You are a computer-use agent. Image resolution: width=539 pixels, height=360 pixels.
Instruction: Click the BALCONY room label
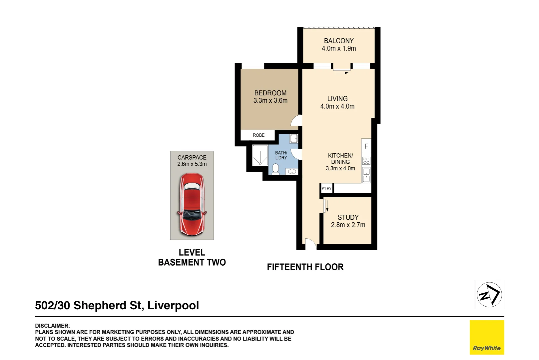(x=338, y=41)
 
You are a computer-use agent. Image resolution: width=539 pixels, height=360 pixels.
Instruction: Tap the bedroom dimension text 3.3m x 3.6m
(x=270, y=101)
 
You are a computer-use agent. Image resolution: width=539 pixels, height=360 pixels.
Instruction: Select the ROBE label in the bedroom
(x=259, y=135)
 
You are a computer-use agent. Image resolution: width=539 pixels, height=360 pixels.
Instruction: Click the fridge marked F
(x=366, y=146)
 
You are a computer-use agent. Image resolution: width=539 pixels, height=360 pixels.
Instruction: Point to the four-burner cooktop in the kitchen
(x=366, y=161)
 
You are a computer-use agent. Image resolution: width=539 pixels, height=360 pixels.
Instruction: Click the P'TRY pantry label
(x=326, y=188)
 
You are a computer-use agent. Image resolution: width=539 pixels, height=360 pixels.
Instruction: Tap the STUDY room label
(x=348, y=217)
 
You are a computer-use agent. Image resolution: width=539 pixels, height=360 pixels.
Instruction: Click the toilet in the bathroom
(x=275, y=168)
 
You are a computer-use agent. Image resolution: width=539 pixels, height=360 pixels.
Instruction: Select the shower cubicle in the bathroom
(x=260, y=155)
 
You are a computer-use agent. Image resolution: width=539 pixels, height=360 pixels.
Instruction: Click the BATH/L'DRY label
(x=281, y=155)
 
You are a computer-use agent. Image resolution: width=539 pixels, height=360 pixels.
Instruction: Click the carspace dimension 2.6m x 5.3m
(x=192, y=164)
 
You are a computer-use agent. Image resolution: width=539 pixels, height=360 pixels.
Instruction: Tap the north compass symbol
(x=489, y=295)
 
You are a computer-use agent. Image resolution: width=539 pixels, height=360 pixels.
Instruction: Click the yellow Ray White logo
(x=487, y=337)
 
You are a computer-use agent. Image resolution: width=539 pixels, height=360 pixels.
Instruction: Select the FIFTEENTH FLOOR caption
(x=305, y=267)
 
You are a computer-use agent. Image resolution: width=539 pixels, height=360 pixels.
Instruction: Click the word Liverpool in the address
(x=173, y=305)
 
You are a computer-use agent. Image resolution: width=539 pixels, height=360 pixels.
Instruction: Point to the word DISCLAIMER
(x=52, y=326)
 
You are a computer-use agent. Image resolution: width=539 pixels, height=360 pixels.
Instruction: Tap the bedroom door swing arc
(x=296, y=120)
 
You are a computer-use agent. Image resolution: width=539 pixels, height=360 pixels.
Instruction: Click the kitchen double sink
(x=366, y=175)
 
